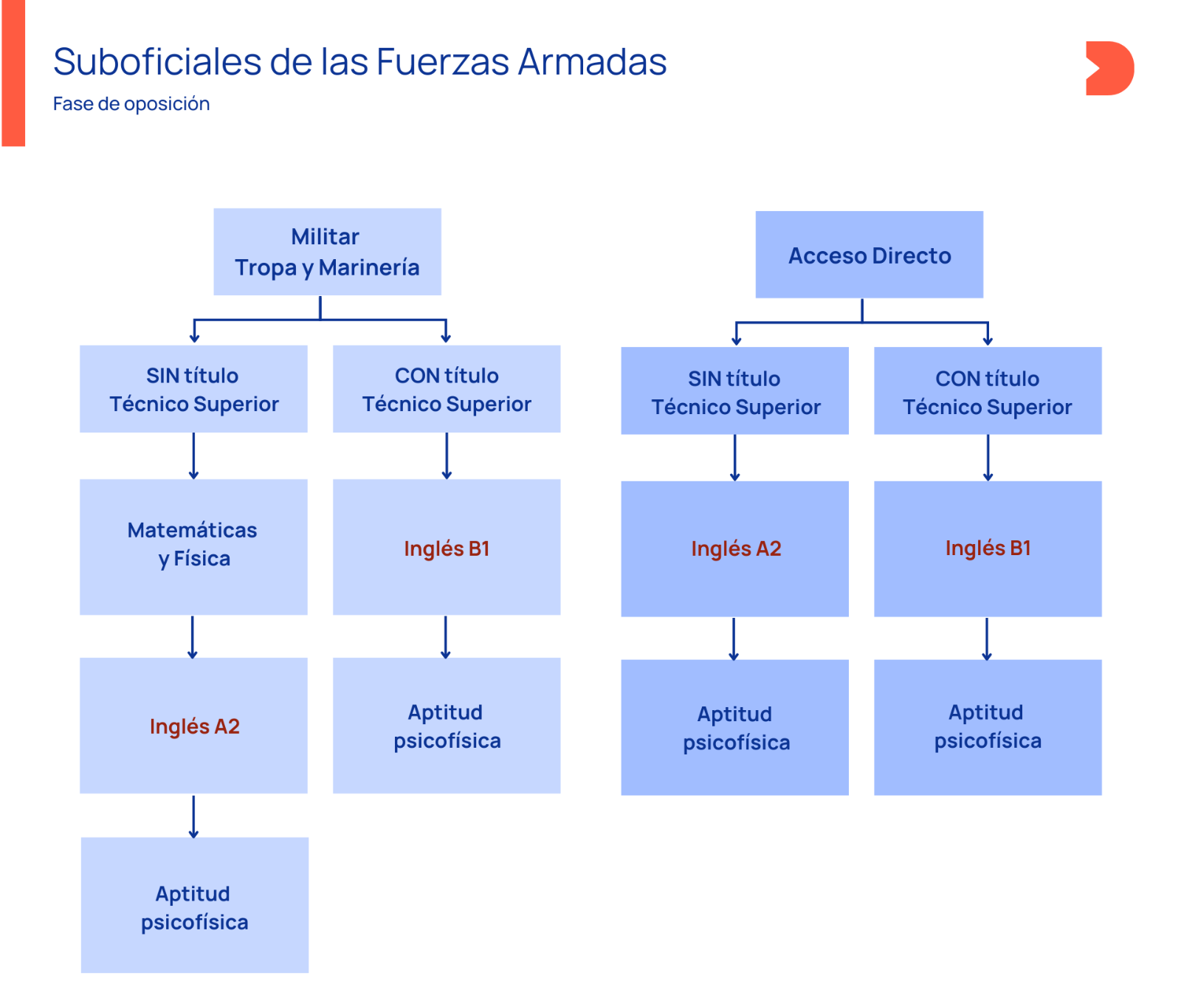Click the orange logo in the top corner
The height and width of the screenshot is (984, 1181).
coord(1109,68)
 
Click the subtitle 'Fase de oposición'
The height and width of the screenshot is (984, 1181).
coord(131,104)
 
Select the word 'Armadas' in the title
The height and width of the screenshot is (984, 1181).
coord(592,62)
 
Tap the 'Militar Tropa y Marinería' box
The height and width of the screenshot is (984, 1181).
coord(327,252)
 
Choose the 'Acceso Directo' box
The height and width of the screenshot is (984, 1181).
coord(869,255)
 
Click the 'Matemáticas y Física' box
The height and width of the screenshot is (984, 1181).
coord(193,546)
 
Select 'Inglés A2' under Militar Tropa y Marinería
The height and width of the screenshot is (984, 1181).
coord(193,726)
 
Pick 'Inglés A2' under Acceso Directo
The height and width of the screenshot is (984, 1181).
coord(734,548)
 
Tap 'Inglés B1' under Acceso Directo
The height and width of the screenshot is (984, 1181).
coord(988,548)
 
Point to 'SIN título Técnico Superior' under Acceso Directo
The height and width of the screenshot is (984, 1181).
coord(734,391)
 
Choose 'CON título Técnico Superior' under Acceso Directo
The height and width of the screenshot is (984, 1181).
coord(988,391)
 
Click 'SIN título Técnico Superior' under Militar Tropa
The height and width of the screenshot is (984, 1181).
coord(193,389)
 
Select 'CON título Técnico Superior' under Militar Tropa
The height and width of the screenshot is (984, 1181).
coord(447,389)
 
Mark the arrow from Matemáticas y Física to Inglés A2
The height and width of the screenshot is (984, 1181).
coord(193,636)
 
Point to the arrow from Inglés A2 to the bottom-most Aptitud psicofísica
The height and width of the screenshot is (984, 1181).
coord(193,816)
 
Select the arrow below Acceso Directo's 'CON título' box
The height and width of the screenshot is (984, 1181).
coord(988,458)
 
